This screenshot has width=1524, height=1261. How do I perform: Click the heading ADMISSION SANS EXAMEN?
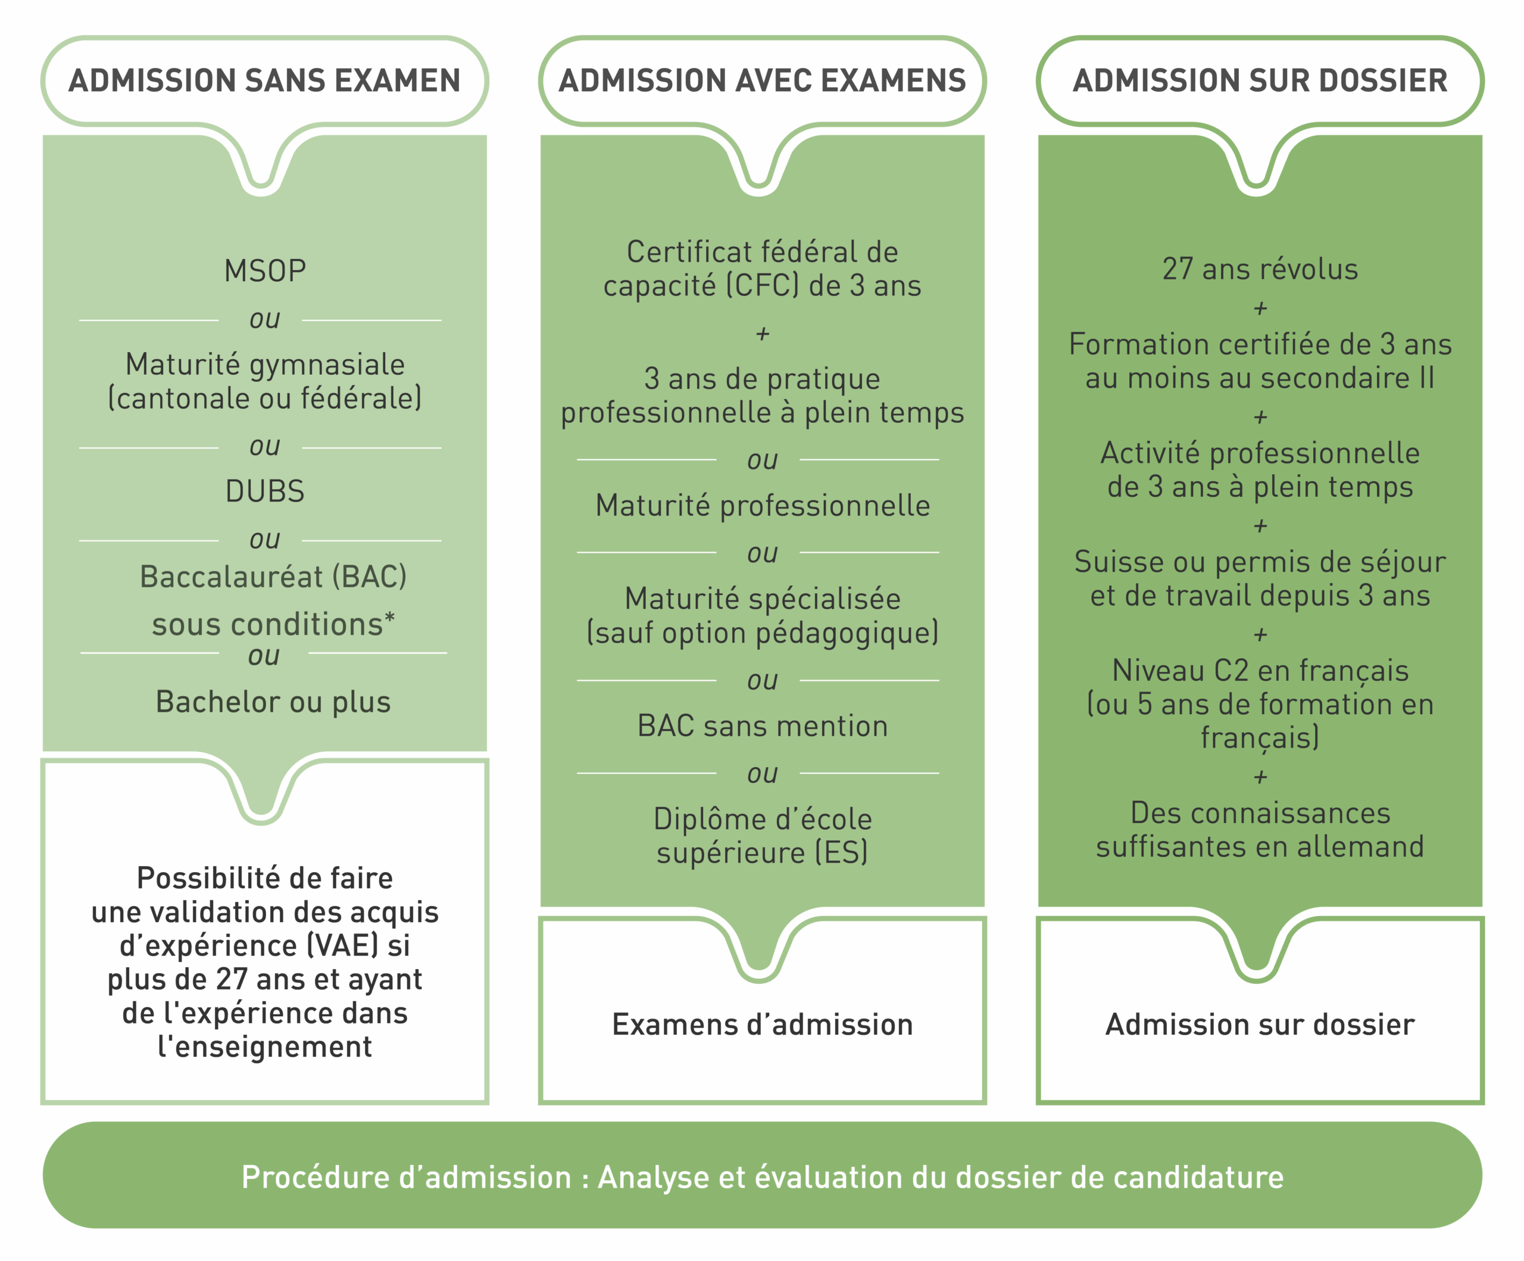pos(264,80)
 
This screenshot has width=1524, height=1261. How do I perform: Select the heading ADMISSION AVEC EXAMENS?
pos(762,80)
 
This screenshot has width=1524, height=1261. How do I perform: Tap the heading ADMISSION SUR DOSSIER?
pos(1260,80)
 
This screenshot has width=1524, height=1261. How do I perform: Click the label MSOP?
pos(265,272)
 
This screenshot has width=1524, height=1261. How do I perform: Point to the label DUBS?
pos(265,491)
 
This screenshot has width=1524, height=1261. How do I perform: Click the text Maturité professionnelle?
pos(762,506)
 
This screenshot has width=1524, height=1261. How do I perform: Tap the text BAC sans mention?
pos(762,726)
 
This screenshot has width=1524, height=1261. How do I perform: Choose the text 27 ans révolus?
pos(1260,269)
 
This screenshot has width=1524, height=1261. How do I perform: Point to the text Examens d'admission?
pos(762,1025)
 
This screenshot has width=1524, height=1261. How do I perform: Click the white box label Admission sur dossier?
pos(1260,1025)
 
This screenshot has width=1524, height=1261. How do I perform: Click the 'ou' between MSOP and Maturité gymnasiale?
pos(264,319)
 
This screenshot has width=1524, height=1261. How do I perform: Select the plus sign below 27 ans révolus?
pos(1260,309)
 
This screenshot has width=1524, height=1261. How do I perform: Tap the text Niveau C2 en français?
pos(1260,671)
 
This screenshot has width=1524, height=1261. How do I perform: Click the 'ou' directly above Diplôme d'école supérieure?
pos(762,774)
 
